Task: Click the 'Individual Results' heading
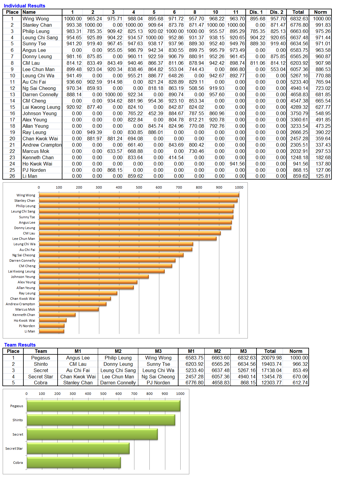click(25, 6)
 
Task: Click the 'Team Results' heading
click(20, 345)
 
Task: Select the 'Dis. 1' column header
click(256, 12)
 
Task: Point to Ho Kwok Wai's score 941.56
click(237, 164)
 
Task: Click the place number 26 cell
click(12, 176)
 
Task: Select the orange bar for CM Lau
click(130, 233)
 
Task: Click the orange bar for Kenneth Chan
click(57, 315)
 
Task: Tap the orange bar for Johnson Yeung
click(94, 277)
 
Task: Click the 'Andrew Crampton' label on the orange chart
click(20, 304)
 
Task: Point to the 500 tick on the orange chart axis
click(139, 187)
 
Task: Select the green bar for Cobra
click(74, 463)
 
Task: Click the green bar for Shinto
click(101, 420)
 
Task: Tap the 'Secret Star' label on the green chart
click(14, 449)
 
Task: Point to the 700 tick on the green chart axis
click(134, 394)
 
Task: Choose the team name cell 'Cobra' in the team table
click(41, 383)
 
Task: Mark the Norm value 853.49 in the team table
click(300, 370)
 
